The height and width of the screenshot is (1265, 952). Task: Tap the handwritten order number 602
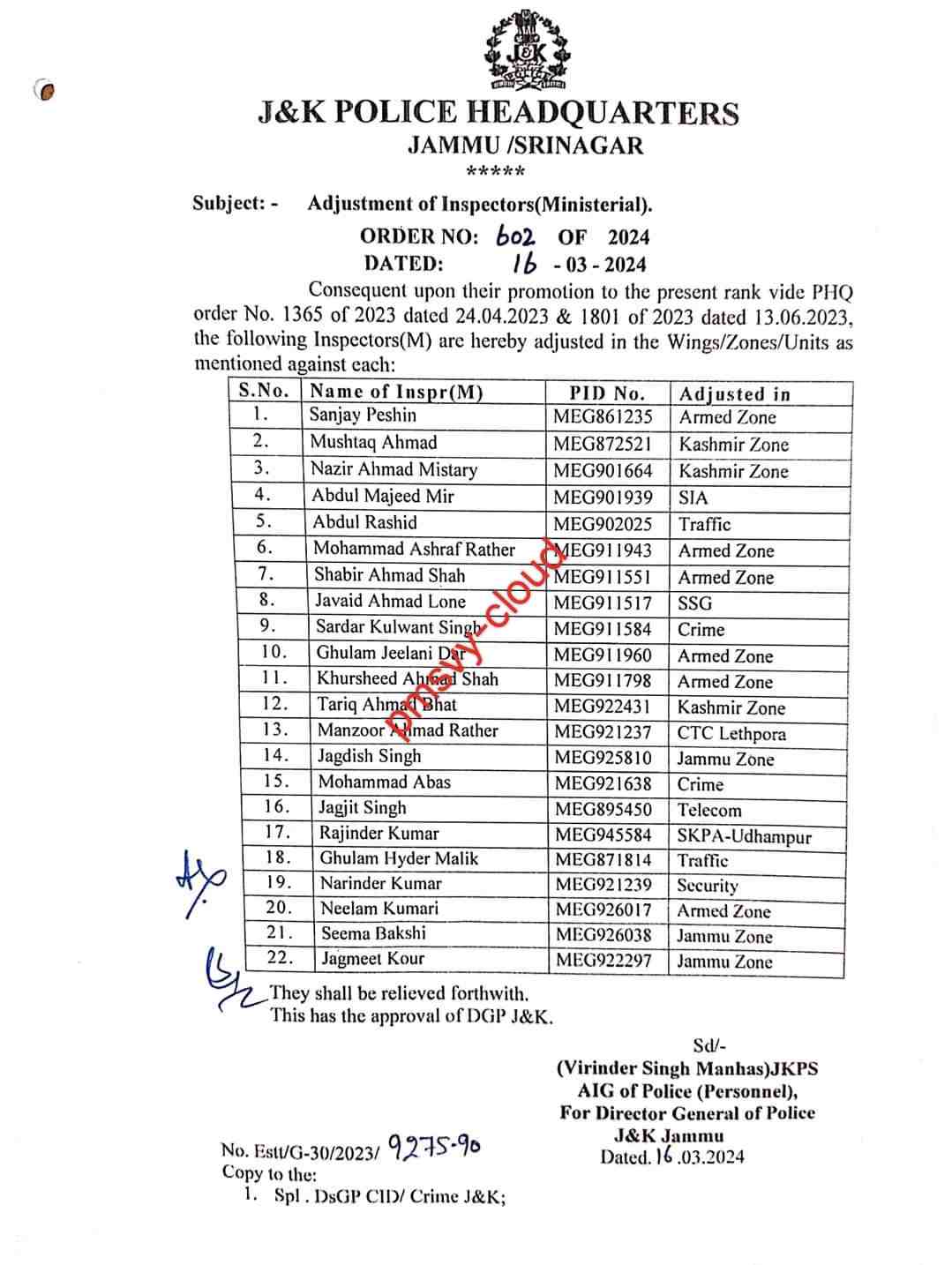pyautogui.click(x=515, y=236)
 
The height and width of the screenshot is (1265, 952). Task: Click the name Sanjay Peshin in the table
pyautogui.click(x=363, y=415)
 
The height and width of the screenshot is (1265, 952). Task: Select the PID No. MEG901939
pyautogui.click(x=603, y=498)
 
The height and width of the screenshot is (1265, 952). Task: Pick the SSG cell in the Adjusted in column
pyautogui.click(x=694, y=604)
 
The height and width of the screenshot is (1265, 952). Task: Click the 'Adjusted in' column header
pyautogui.click(x=734, y=394)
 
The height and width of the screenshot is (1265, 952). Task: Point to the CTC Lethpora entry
pyautogui.click(x=731, y=734)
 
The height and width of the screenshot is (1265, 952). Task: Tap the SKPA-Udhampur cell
pyautogui.click(x=743, y=837)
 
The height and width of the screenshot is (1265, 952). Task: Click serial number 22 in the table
pyautogui.click(x=279, y=958)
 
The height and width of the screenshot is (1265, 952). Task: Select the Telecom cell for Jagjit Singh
pyautogui.click(x=708, y=811)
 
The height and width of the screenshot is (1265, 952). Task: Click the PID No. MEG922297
pyautogui.click(x=603, y=961)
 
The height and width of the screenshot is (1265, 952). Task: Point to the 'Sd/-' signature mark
pyautogui.click(x=706, y=1046)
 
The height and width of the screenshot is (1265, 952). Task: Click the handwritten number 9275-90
pyautogui.click(x=434, y=1147)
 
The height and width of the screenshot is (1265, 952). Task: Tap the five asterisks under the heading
pyautogui.click(x=496, y=171)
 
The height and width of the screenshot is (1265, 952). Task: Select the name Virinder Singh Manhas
pyautogui.click(x=662, y=1068)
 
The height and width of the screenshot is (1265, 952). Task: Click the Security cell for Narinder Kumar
pyautogui.click(x=707, y=886)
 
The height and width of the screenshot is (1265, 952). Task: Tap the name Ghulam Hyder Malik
pyautogui.click(x=399, y=858)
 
